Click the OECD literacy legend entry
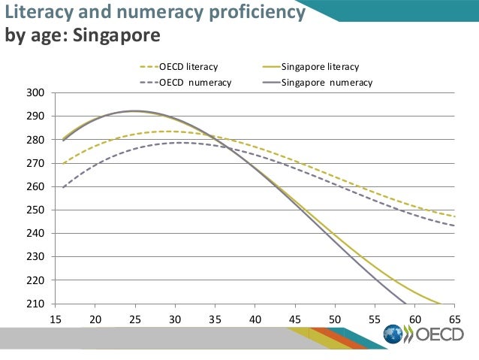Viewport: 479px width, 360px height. pos(188,67)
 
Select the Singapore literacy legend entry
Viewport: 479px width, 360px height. pos(320,67)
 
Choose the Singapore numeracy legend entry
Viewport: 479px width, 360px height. pos(327,82)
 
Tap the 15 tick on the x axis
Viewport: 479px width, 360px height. pos(55,317)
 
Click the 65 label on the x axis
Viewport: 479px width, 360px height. pos(454,317)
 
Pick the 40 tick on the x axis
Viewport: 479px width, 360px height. pos(255,317)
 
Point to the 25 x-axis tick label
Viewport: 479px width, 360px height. pos(134,317)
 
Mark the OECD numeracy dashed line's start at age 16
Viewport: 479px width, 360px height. pos(63,187)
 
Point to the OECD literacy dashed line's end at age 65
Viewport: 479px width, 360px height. pos(454,216)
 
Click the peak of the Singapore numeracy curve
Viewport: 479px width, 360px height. pos(134,111)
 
